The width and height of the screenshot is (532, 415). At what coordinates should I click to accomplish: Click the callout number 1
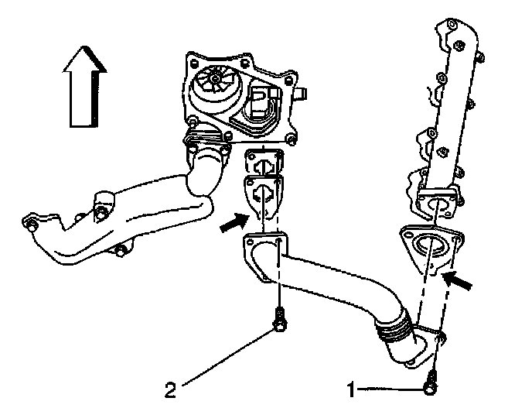[x=351, y=389]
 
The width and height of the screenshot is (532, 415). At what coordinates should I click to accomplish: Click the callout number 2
[x=170, y=389]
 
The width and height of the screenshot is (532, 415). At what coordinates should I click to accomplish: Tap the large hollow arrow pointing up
[x=84, y=86]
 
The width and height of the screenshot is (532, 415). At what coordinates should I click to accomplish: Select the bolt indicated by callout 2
[x=280, y=320]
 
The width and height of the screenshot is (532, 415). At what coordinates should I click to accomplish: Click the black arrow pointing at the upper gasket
[x=235, y=222]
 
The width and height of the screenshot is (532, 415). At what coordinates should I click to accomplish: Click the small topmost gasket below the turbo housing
[x=264, y=163]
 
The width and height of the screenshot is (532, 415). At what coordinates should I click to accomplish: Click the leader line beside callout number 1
[x=391, y=389]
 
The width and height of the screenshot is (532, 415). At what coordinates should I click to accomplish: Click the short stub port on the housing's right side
[x=302, y=94]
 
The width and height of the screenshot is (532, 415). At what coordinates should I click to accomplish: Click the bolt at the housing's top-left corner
[x=193, y=63]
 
